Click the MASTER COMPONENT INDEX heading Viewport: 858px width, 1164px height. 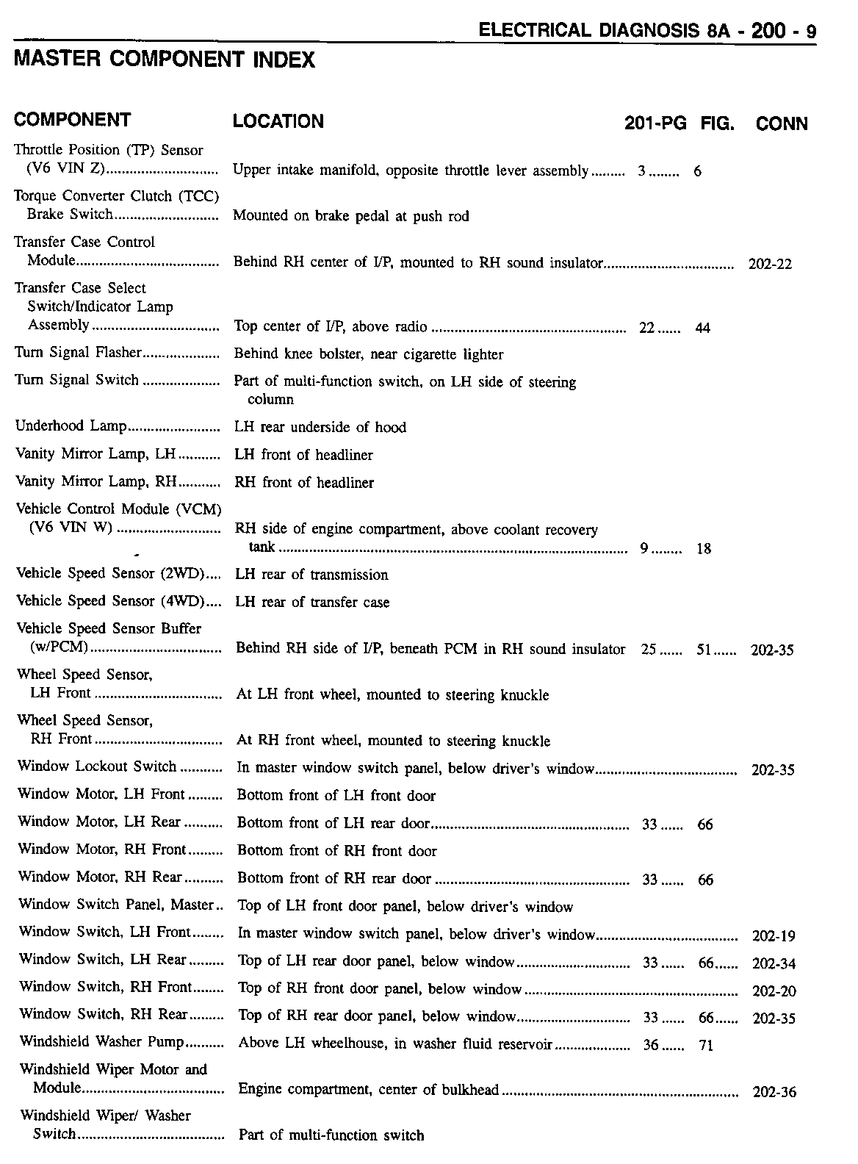(x=165, y=60)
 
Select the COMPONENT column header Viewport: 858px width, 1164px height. (x=72, y=120)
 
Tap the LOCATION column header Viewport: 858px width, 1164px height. (x=278, y=121)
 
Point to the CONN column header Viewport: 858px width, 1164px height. (x=781, y=123)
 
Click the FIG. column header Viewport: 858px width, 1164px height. (x=718, y=123)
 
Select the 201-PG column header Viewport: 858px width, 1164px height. (x=655, y=123)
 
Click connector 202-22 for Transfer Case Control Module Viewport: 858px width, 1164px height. (x=770, y=265)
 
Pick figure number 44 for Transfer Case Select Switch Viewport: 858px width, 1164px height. (x=702, y=328)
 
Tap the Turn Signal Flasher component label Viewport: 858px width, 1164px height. (x=77, y=353)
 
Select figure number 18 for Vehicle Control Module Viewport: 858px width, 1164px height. (x=703, y=549)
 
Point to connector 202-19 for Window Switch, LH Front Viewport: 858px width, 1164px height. (x=774, y=936)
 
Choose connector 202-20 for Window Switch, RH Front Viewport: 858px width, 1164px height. (x=774, y=991)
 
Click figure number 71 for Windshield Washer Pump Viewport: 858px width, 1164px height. (x=705, y=1046)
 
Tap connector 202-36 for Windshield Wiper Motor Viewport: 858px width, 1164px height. (x=774, y=1093)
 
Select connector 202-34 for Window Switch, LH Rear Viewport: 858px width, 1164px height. (x=774, y=964)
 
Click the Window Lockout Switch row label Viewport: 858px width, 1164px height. (x=97, y=766)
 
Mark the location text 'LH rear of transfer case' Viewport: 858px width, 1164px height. (x=312, y=603)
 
